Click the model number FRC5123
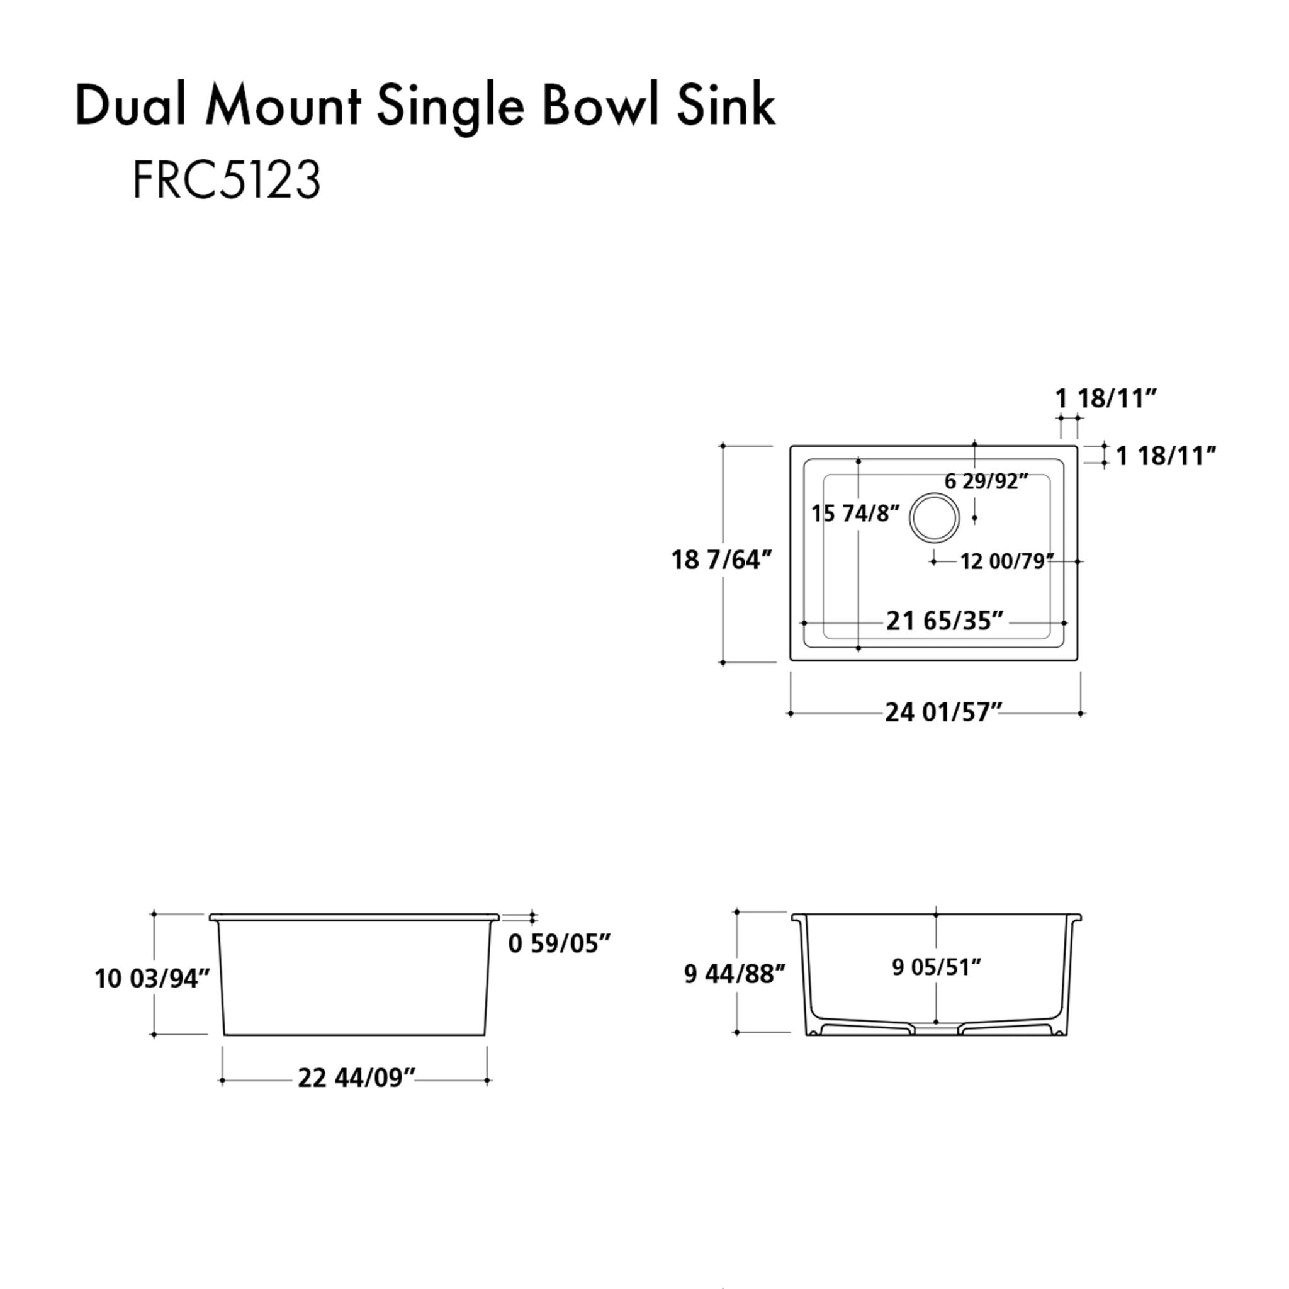coord(227,179)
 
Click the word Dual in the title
coord(131,106)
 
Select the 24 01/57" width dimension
coord(943,712)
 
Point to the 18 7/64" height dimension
coord(721,559)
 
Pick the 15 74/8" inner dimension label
coord(855,513)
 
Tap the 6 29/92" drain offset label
coord(986,480)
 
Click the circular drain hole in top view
coord(934,518)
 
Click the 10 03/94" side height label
coord(152,979)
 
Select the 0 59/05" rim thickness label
coord(559,943)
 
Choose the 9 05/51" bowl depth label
coord(936,967)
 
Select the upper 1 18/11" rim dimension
coord(1105,398)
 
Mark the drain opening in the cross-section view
coord(936,1030)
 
